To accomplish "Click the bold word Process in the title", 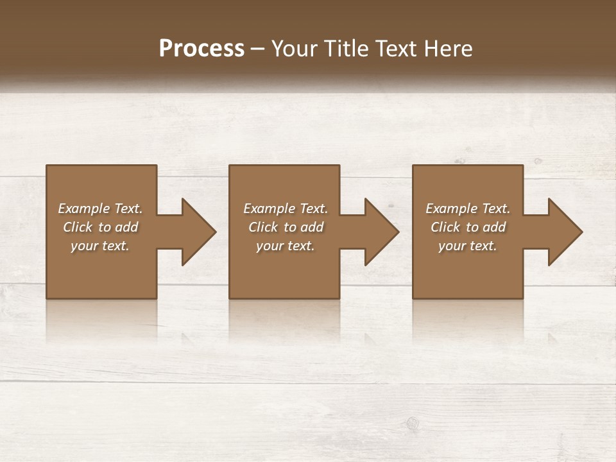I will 201,49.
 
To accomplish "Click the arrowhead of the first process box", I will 198,232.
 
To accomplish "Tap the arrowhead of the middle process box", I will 381,232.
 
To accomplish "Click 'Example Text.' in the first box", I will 100,209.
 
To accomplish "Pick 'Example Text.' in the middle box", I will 285,209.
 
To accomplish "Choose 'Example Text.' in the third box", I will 468,209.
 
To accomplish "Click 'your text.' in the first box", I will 100,246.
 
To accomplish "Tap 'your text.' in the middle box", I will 285,246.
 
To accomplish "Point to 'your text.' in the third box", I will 468,246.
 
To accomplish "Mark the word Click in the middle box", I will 263,227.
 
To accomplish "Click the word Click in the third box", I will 445,227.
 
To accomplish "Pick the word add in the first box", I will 126,227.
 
